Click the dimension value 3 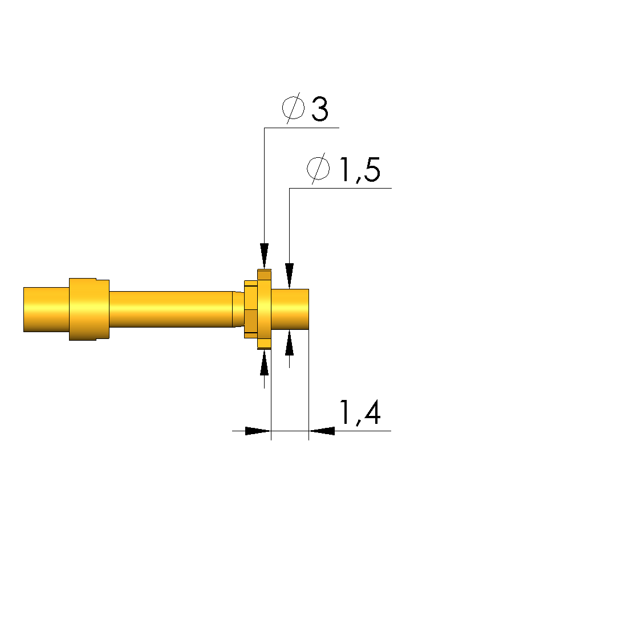click(320, 109)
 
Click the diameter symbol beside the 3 click(293, 108)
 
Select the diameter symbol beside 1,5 click(318, 169)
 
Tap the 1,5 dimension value click(360, 170)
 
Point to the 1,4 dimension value click(360, 412)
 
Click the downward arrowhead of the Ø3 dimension click(264, 256)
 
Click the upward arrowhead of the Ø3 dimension click(264, 362)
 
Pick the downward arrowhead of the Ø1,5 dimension click(290, 276)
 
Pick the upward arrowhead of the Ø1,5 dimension click(290, 343)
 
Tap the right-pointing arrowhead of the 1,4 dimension click(258, 431)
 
